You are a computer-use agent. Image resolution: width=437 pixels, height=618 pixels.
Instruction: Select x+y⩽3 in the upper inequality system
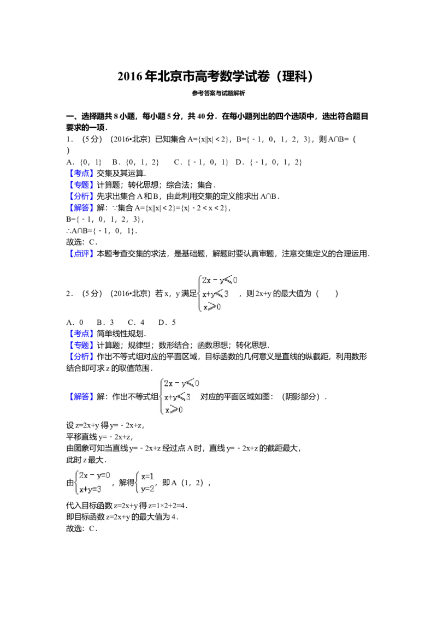click(x=214, y=294)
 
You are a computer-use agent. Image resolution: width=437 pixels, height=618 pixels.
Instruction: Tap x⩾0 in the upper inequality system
click(x=212, y=307)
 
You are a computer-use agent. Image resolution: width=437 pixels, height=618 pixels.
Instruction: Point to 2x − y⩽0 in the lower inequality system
click(x=182, y=383)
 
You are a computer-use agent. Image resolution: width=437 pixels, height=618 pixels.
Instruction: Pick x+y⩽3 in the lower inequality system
click(x=177, y=396)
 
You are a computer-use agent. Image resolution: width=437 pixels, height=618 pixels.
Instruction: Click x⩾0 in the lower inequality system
click(x=174, y=409)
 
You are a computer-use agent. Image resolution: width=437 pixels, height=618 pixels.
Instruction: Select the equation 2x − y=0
click(x=95, y=476)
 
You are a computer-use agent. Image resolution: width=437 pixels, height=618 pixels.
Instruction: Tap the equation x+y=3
click(x=91, y=490)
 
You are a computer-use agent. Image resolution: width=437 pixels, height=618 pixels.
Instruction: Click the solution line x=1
click(x=146, y=476)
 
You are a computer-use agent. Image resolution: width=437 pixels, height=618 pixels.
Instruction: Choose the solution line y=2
click(x=146, y=489)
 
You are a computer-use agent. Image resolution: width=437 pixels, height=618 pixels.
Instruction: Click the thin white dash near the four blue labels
click(x=153, y=177)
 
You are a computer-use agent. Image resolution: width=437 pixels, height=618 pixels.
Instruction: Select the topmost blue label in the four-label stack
click(x=82, y=173)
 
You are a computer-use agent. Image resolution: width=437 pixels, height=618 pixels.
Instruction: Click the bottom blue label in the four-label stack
click(x=82, y=208)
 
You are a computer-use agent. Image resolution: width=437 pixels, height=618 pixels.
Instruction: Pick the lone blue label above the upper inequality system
click(x=82, y=253)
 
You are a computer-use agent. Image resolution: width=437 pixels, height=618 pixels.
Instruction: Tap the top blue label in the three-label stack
click(x=82, y=332)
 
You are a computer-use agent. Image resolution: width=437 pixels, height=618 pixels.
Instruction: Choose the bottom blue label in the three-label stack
click(x=82, y=356)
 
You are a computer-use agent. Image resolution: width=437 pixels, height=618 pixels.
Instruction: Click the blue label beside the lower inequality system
click(x=82, y=396)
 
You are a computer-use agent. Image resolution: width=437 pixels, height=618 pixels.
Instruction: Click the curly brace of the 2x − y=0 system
click(x=76, y=483)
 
